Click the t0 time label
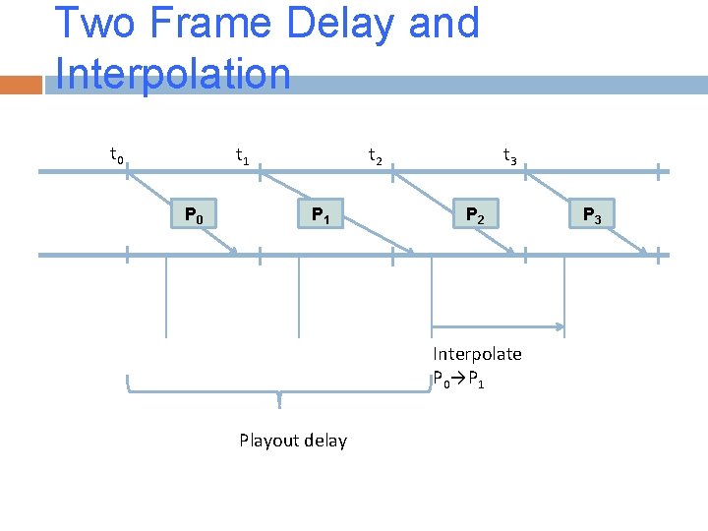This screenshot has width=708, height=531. (x=116, y=155)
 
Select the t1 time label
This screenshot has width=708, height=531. (x=241, y=155)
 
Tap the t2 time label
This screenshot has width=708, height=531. (x=376, y=155)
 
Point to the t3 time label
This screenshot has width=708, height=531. (x=509, y=155)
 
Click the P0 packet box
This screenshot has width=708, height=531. (x=194, y=213)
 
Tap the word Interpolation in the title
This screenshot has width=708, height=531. (x=173, y=74)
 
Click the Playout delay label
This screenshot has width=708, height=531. (x=293, y=441)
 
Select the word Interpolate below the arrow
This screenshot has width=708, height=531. (x=477, y=354)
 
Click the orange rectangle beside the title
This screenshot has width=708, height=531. (x=21, y=86)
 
